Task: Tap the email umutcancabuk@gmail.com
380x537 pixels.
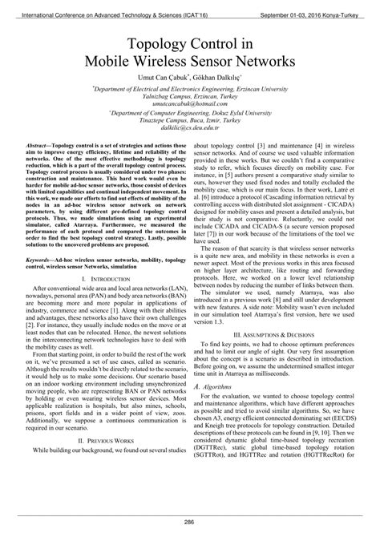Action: point(190,105)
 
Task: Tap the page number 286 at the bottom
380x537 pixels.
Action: point(190,522)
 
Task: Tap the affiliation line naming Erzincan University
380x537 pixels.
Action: point(190,87)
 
